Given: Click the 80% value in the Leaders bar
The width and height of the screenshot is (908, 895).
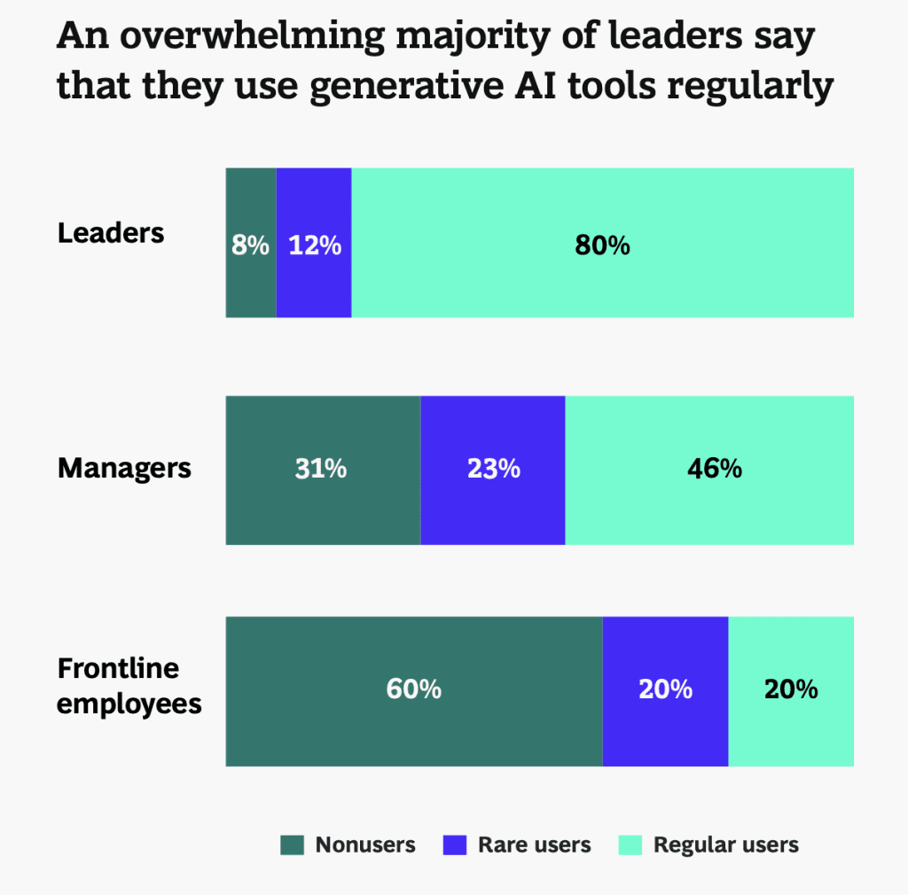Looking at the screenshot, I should [x=602, y=245].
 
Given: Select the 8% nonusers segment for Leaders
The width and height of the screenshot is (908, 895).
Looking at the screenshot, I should [x=250, y=245].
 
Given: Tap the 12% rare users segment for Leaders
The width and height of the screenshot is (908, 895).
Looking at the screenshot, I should [x=314, y=245].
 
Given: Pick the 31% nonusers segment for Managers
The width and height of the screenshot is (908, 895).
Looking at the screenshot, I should [x=321, y=468].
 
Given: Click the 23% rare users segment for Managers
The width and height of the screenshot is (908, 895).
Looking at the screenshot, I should [x=493, y=468].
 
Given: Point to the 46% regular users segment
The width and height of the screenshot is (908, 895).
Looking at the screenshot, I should [x=714, y=468].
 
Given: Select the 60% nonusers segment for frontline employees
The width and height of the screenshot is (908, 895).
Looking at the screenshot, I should [x=413, y=689].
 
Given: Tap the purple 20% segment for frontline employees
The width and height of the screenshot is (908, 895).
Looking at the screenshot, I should [x=665, y=689].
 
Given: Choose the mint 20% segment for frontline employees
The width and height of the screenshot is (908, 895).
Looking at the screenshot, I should [x=791, y=689].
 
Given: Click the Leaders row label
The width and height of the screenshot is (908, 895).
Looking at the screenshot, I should [x=111, y=233].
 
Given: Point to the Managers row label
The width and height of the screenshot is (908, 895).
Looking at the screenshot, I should [x=124, y=468].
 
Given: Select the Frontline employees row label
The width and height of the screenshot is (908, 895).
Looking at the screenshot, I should [x=129, y=686].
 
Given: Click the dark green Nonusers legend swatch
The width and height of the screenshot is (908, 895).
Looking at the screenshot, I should [x=293, y=844].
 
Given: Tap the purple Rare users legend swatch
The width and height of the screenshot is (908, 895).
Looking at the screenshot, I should [x=454, y=844].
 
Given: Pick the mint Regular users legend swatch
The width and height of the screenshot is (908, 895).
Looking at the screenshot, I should [x=630, y=844].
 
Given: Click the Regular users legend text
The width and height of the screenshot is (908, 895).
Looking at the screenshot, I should [x=726, y=844].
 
